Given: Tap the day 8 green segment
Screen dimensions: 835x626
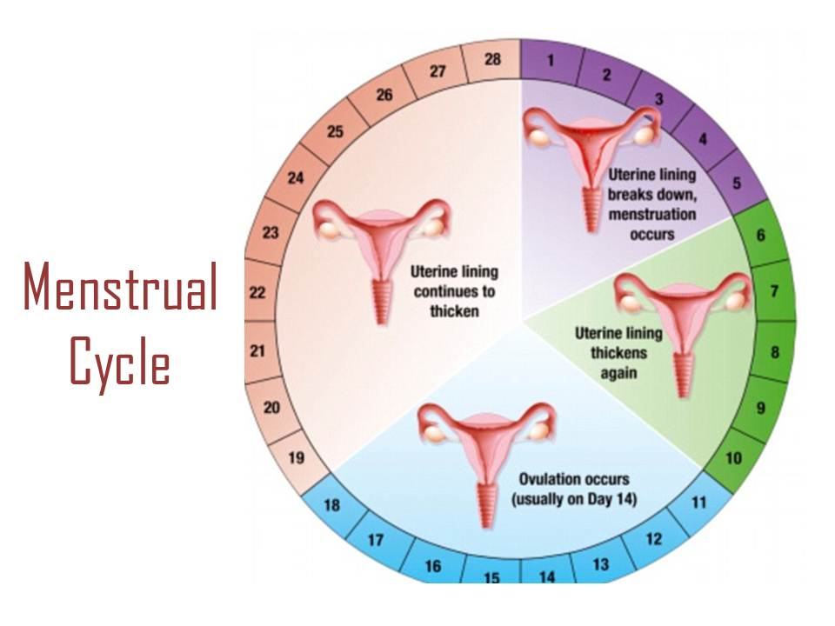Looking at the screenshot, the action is [x=774, y=353].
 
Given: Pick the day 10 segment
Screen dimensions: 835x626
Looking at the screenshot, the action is [x=733, y=458].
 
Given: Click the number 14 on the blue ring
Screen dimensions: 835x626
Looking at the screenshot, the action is [x=547, y=575].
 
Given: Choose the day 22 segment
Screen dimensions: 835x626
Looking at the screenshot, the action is [x=257, y=292].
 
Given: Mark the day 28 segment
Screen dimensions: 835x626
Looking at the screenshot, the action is [x=493, y=61].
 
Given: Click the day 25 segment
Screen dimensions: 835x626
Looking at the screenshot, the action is [x=335, y=132].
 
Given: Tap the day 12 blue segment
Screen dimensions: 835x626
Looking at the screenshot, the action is [x=652, y=539].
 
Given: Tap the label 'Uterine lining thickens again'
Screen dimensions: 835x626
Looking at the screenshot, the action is [x=618, y=352].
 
